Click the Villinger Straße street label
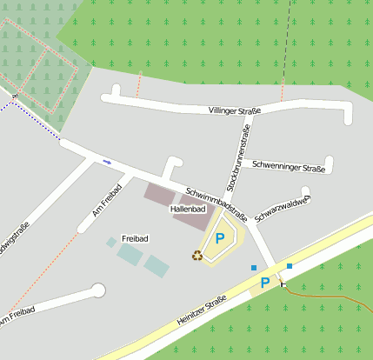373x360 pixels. pos(235,110)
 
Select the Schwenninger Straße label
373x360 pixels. pos(288,164)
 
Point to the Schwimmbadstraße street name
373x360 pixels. pos(216,203)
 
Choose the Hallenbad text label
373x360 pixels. pos(187,210)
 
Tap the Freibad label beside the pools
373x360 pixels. pos(136,237)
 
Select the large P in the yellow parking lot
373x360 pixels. pos(220,237)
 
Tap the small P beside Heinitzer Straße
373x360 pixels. pos(263,283)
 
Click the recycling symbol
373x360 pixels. pos(197,255)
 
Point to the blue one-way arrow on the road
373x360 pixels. pos(107,162)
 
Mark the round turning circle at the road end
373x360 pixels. pos(97,290)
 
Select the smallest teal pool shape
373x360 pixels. pos(111,243)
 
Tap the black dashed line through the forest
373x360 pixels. pos(286,43)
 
